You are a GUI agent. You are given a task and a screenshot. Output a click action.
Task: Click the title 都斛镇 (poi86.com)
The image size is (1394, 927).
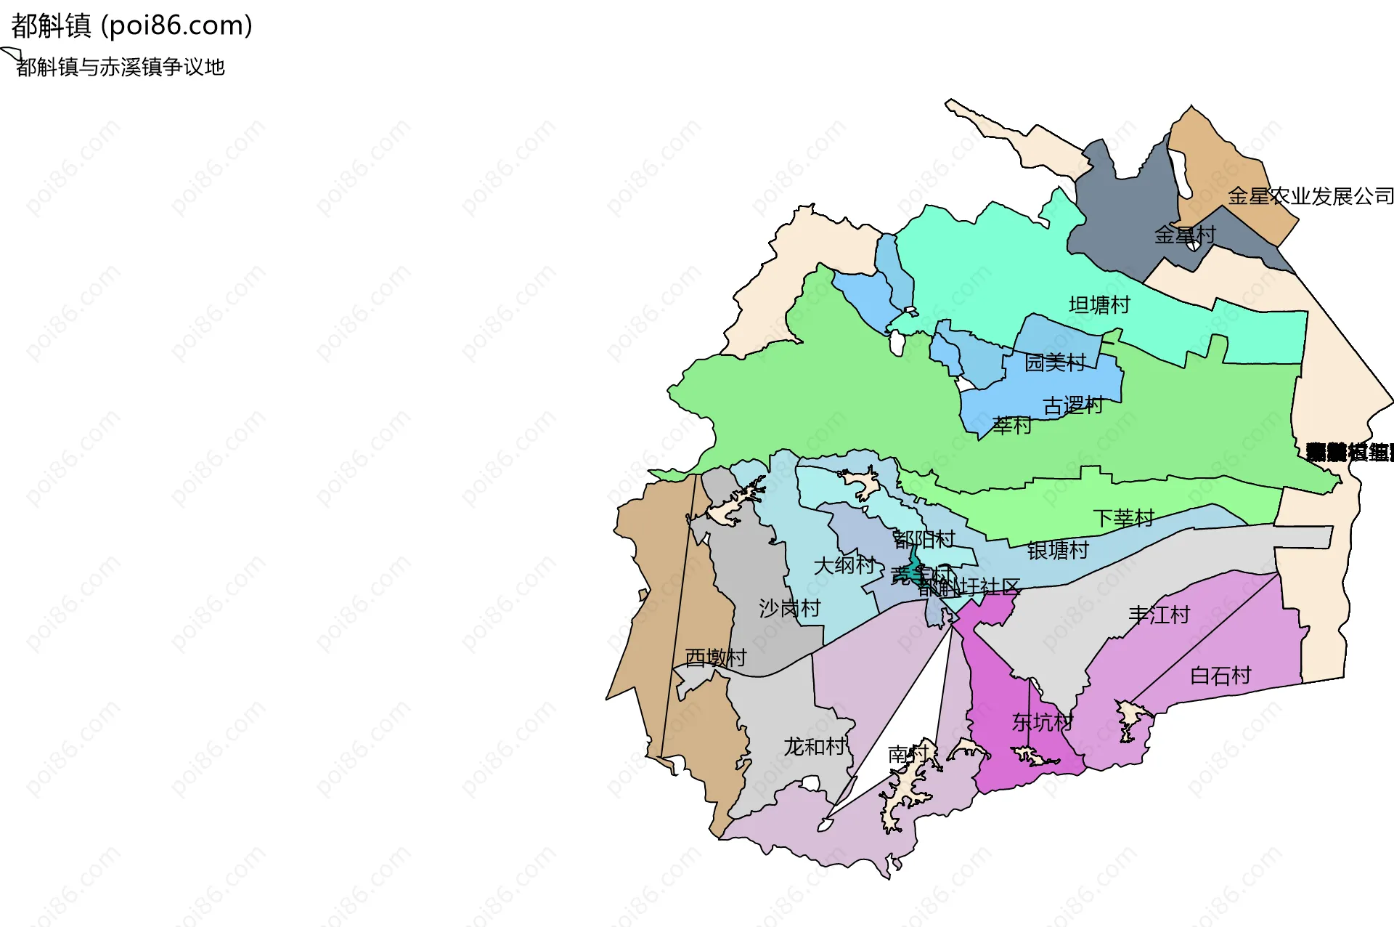tap(131, 26)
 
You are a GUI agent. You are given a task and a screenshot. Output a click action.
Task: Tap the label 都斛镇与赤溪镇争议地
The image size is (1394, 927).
tap(121, 68)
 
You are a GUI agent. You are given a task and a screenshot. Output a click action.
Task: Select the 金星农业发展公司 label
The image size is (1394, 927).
tap(1311, 196)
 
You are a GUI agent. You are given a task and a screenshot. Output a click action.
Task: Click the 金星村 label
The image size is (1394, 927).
tap(1184, 235)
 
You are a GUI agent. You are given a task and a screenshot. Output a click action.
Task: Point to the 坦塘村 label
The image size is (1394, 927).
tap(1099, 305)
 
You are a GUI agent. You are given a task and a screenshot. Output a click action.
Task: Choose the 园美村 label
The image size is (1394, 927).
tap(1054, 363)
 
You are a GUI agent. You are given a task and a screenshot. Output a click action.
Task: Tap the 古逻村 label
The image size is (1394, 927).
tap(1072, 406)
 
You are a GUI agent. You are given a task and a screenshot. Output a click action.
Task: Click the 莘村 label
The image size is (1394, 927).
tap(1011, 426)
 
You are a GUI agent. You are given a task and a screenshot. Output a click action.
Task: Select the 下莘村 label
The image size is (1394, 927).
tap(1123, 518)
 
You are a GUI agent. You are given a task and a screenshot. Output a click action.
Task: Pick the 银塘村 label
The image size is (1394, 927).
tap(1058, 551)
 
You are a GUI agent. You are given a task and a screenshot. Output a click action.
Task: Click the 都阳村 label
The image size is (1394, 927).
tap(924, 539)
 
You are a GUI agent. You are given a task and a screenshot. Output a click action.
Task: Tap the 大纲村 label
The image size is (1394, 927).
tap(844, 565)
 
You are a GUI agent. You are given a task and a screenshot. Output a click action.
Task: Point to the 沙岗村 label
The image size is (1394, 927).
tap(789, 608)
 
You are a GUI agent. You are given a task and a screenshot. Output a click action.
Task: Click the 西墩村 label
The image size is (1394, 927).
tap(715, 657)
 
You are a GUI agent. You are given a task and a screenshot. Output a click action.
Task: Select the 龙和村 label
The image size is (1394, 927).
tap(814, 747)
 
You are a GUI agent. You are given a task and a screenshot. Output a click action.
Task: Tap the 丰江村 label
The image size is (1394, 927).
tap(1159, 615)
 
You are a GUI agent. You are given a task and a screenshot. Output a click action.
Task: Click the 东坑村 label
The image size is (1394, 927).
tap(1042, 722)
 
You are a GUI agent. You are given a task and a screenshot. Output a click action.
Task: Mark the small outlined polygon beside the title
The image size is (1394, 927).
tap(10, 53)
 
